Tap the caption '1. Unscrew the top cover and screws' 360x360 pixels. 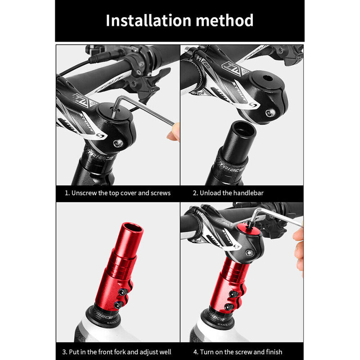coord(117,193)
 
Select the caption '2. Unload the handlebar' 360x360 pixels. coord(228,193)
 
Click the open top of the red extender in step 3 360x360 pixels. coord(131,228)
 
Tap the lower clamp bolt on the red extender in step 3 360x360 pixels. coord(118,305)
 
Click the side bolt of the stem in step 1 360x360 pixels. coord(119,144)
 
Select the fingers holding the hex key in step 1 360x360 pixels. coord(174,133)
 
